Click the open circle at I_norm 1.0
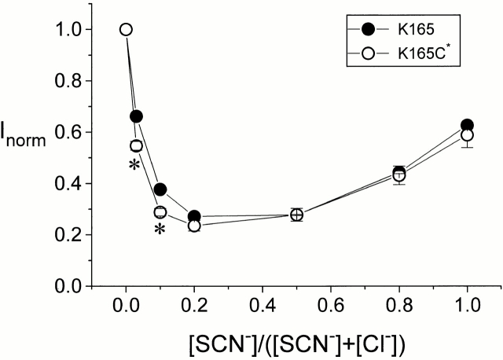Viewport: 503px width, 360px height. tap(126, 30)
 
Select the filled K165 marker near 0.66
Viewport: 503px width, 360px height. tap(136, 116)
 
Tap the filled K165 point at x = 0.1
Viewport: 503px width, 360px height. tap(160, 189)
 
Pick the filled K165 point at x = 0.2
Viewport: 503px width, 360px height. tap(194, 216)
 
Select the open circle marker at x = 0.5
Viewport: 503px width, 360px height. tap(296, 215)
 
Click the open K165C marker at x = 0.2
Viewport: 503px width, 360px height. tap(194, 226)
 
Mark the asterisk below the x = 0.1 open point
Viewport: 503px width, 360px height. tap(160, 230)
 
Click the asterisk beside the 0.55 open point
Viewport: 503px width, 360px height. tap(135, 166)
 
